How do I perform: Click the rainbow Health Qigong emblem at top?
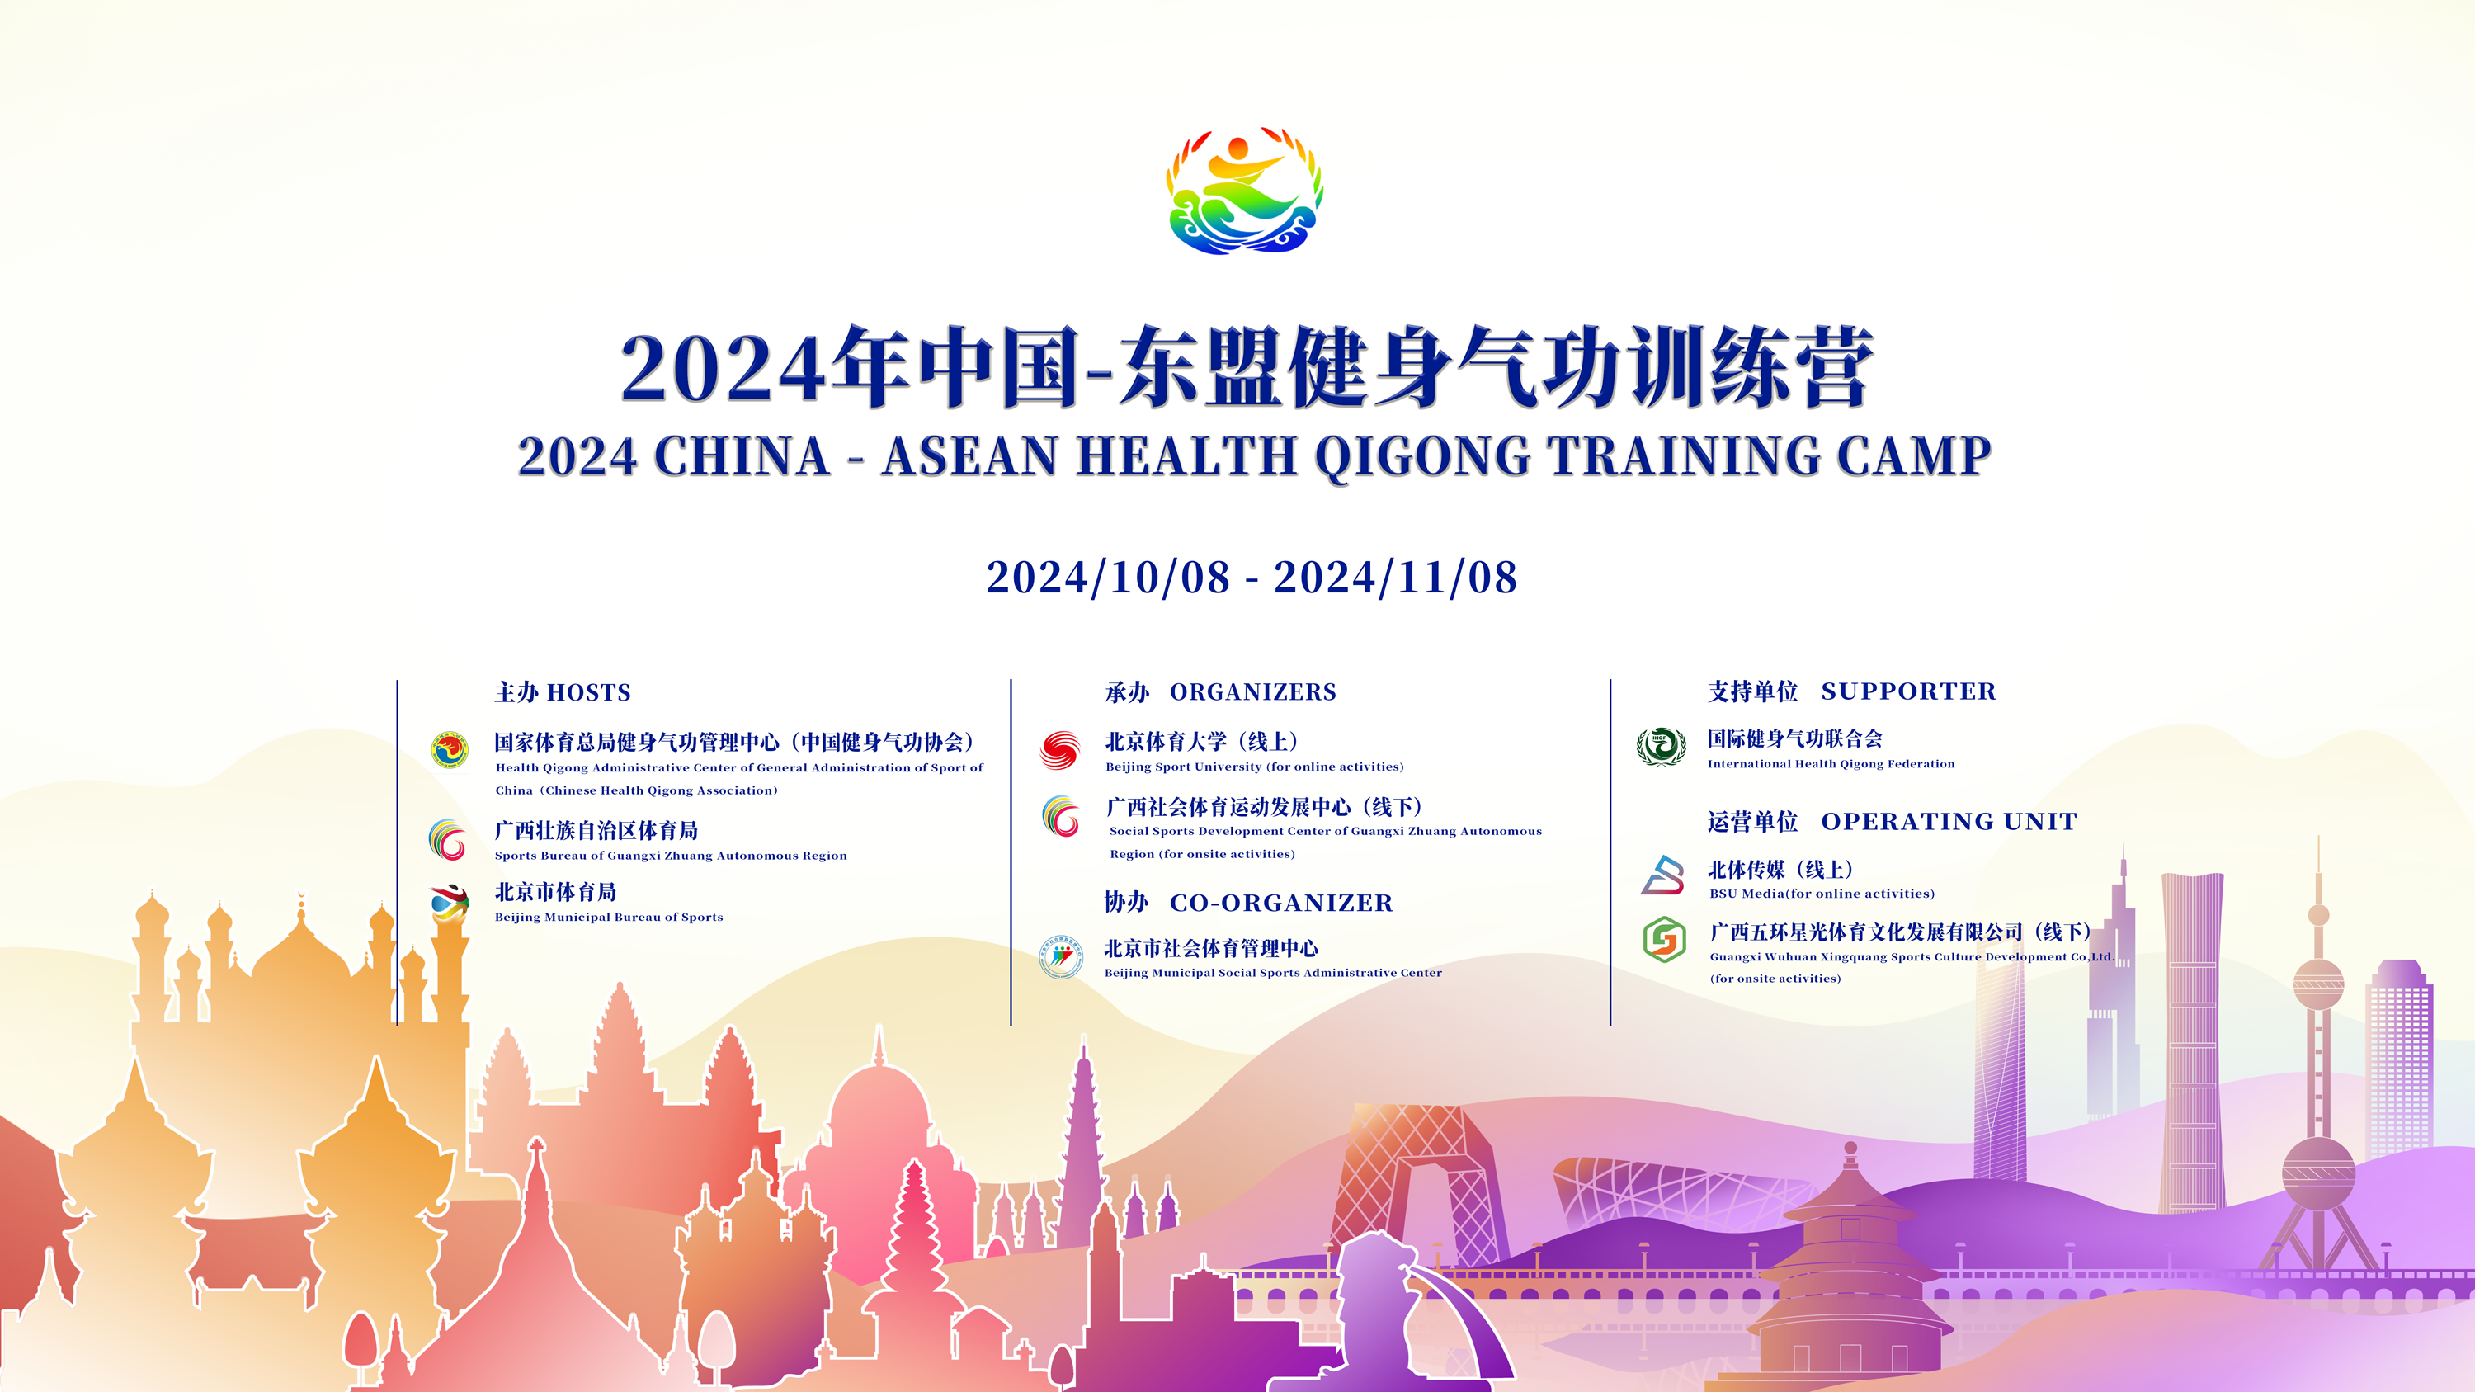(1244, 191)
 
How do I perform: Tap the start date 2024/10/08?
(1108, 578)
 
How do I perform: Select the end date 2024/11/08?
(1395, 578)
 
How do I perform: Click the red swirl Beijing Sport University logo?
(1060, 750)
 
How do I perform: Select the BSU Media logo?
(1663, 875)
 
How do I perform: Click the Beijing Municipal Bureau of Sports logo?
(449, 903)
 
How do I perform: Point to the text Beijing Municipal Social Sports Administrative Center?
(1273, 973)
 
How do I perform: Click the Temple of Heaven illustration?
(1850, 1277)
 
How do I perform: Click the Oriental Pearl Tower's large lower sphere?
(2318, 1172)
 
